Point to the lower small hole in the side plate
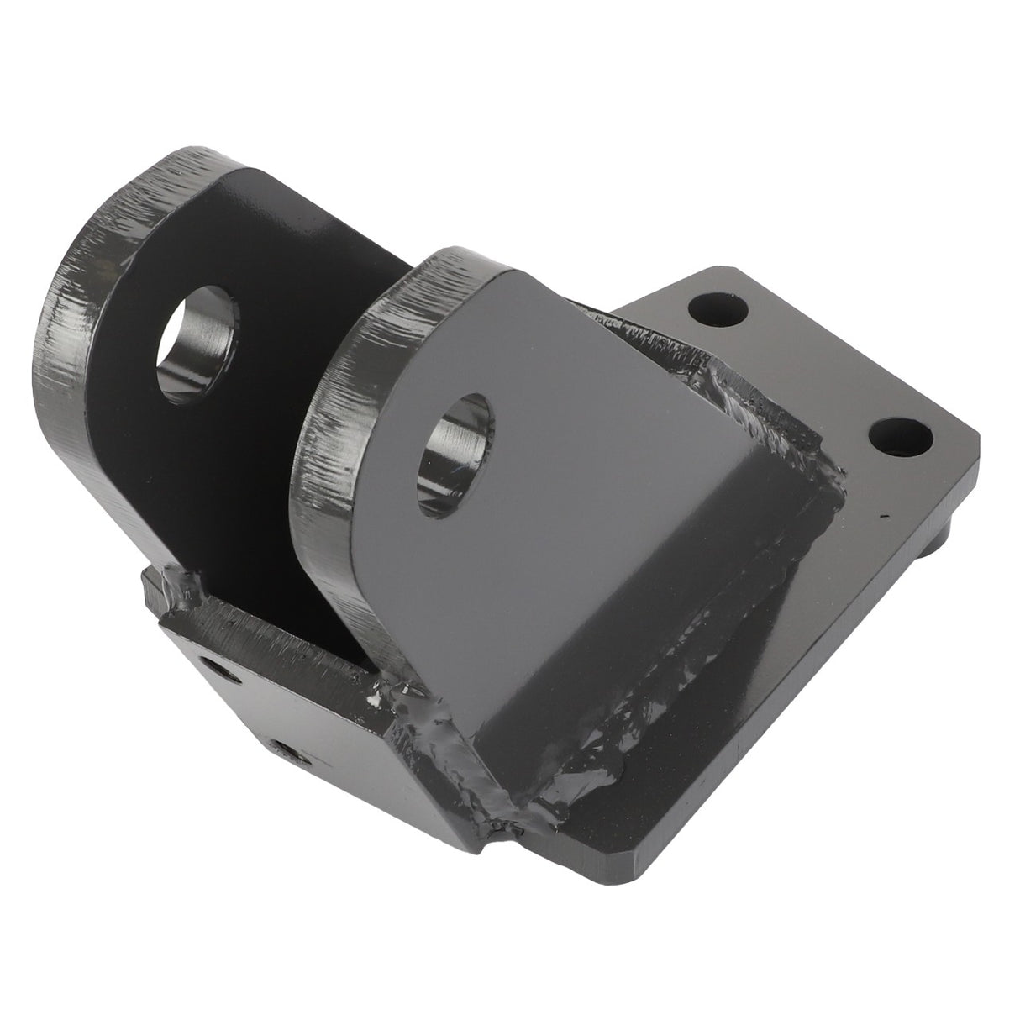283,750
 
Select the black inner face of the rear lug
277,252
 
